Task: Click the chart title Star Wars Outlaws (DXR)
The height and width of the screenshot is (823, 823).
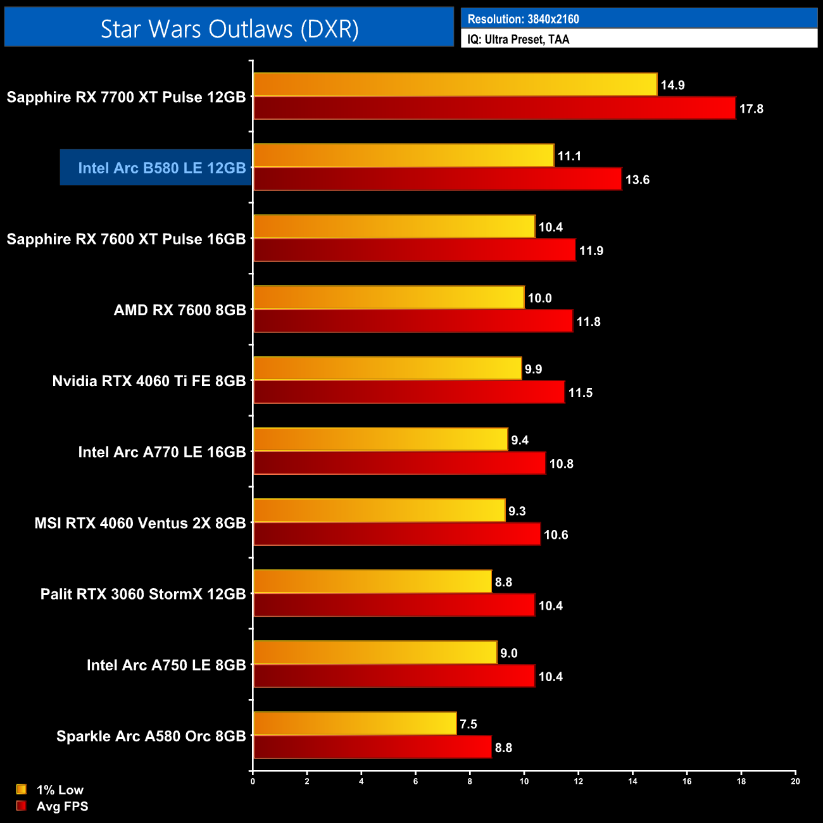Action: [229, 28]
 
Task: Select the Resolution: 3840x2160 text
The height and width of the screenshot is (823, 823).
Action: [523, 19]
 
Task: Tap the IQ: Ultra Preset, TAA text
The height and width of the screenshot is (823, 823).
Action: [518, 39]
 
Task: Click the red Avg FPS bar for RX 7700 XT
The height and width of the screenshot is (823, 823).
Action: [494, 108]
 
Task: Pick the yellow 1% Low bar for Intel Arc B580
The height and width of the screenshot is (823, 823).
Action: [403, 156]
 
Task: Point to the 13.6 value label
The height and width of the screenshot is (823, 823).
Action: [638, 180]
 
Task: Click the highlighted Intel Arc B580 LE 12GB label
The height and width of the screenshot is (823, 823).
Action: [161, 168]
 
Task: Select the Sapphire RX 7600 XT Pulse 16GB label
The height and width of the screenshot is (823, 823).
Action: [126, 239]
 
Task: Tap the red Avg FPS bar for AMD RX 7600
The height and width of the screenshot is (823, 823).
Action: [413, 321]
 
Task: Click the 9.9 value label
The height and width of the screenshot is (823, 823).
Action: [534, 369]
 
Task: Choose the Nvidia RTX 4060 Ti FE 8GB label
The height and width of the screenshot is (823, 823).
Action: [149, 381]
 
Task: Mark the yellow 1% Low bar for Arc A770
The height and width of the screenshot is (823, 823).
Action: [380, 439]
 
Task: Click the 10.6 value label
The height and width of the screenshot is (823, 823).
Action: [556, 535]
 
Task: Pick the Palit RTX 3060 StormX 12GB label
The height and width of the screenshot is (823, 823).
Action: [143, 594]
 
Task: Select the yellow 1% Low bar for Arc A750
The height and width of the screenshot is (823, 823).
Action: [375, 652]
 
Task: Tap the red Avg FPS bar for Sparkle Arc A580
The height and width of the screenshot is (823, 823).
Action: [372, 747]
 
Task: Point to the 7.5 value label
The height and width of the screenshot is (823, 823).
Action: [468, 724]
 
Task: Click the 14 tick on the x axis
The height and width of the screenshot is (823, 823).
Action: [632, 781]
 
